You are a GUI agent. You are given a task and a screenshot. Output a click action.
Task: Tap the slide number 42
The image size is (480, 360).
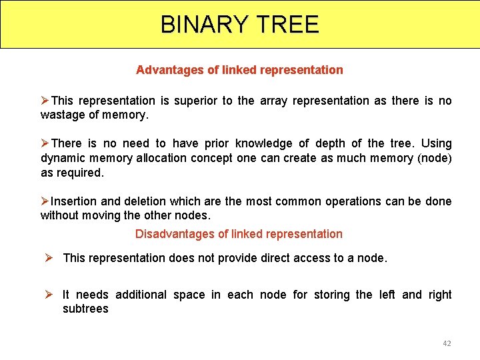point(447,343)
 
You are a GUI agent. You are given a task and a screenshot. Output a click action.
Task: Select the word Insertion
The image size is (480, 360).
point(74,201)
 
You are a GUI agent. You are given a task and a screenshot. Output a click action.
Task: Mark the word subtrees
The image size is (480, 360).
point(85,309)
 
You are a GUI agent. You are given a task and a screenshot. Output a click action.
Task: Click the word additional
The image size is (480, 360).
point(141,295)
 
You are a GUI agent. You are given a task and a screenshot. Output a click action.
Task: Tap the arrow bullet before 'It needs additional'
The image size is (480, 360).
point(49,295)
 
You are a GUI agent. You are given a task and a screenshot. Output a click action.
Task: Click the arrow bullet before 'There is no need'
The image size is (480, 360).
point(45,143)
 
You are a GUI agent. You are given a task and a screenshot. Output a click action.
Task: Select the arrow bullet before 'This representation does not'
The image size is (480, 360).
point(49,258)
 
